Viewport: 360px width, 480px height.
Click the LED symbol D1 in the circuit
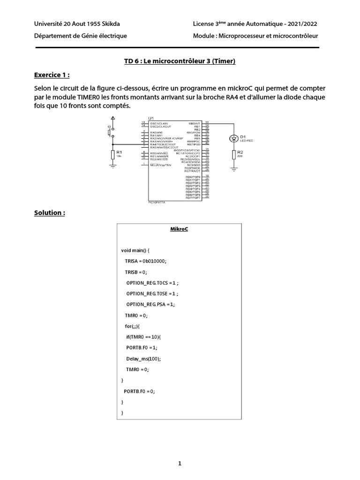[233, 138]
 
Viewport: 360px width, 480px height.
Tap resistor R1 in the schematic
[112, 154]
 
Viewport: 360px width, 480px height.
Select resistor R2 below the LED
[233, 155]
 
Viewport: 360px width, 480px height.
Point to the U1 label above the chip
[151, 118]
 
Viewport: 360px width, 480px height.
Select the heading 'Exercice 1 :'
[54, 75]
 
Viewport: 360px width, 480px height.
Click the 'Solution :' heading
[49, 213]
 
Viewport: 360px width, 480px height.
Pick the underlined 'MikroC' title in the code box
[179, 229]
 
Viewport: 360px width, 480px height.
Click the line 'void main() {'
[135, 250]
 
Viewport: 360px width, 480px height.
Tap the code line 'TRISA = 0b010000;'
[146, 261]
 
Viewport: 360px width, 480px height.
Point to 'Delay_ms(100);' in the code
[143, 359]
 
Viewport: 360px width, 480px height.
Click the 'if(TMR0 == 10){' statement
[143, 337]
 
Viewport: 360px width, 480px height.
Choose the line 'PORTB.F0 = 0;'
[139, 391]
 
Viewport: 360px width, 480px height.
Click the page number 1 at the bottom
[180, 464]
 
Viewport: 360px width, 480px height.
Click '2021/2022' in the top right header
[300, 24]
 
